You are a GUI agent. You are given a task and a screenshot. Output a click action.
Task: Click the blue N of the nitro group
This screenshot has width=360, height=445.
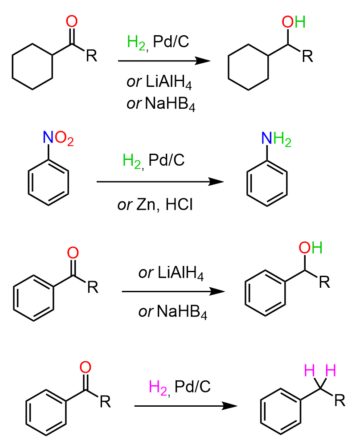[x=48, y=137]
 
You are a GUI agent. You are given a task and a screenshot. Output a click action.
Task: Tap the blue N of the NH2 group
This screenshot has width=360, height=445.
[x=266, y=138]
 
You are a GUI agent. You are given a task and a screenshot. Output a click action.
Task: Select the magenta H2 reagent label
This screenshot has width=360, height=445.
[x=159, y=388]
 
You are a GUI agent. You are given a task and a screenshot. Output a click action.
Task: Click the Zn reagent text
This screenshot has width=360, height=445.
[x=146, y=204]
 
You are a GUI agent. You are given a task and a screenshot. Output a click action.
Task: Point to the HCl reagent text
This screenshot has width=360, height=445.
[x=179, y=204]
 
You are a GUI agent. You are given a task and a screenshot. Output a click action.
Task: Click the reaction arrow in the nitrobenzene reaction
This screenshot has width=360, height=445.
[x=160, y=182]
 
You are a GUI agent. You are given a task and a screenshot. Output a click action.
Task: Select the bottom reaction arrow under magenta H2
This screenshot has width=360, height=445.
[x=186, y=406]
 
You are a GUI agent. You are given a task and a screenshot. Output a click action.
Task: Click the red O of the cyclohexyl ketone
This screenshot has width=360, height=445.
[x=72, y=21]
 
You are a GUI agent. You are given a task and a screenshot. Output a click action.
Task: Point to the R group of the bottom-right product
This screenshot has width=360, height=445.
[x=340, y=400]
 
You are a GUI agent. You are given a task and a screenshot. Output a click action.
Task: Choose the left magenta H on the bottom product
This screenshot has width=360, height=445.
[x=309, y=370]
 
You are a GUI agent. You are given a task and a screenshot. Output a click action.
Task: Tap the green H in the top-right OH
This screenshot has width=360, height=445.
[x=300, y=22]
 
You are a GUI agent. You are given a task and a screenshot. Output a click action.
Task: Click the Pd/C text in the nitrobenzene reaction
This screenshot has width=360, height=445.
[x=167, y=160]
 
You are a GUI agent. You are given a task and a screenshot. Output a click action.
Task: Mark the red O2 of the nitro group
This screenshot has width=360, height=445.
[x=64, y=139]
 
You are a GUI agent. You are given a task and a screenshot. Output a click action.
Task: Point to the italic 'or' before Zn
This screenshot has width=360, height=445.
[x=125, y=205]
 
